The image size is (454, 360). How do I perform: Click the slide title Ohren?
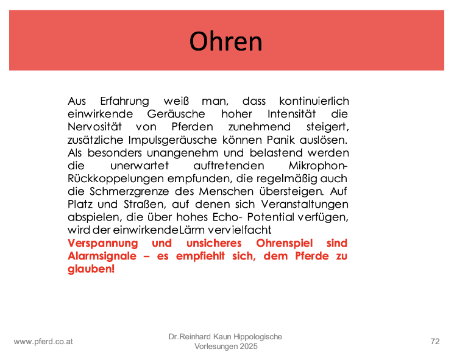coord(226,41)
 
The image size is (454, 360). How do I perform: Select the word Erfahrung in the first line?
coord(124,102)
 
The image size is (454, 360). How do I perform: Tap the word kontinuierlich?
coord(314,101)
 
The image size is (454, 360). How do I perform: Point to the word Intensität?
coord(291,114)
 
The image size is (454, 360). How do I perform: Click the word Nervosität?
coord(94,127)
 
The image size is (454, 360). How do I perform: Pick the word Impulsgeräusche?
coord(172,140)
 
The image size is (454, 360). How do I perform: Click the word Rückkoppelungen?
coord(116,179)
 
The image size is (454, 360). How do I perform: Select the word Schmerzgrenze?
coord(129,192)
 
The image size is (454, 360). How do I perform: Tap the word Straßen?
coord(145,204)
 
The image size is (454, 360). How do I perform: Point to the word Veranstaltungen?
coord(305,205)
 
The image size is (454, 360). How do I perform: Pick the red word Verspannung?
coord(103,244)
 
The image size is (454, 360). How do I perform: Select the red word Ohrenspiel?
coord(285,244)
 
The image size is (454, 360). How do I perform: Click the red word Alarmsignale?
coord(102,256)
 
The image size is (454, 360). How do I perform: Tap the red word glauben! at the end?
coord(91,269)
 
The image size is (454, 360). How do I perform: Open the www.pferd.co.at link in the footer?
coord(43,342)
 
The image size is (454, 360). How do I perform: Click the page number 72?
coord(435,342)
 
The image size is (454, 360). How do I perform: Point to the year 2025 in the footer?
coord(247,347)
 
